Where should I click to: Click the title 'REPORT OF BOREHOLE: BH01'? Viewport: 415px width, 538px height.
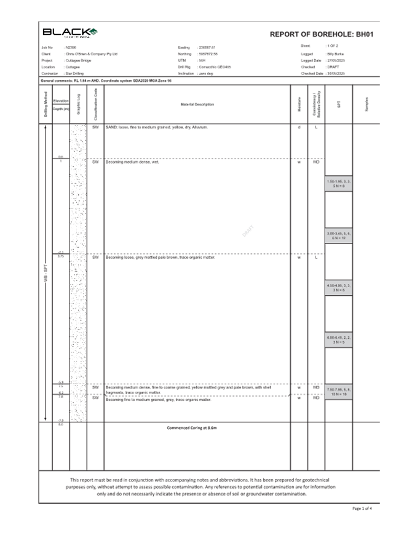click(x=322, y=34)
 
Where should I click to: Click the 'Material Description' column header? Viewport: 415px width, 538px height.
click(x=197, y=105)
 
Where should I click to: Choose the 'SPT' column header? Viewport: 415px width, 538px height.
click(x=339, y=104)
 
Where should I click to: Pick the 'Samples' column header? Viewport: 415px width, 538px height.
click(x=366, y=104)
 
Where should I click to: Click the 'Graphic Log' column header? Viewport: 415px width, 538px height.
click(x=79, y=104)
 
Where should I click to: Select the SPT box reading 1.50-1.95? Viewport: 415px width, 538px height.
click(x=339, y=183)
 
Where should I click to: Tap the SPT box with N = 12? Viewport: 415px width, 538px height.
click(x=339, y=235)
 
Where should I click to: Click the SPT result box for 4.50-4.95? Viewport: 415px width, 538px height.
click(x=339, y=287)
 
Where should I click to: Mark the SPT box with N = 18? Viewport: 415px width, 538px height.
click(x=339, y=391)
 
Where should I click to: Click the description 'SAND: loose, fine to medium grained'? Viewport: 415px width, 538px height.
click(x=157, y=127)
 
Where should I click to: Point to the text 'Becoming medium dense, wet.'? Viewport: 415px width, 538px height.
click(x=133, y=162)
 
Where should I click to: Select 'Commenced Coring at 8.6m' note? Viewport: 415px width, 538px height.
click(x=197, y=427)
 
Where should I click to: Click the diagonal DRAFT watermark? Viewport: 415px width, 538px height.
click(x=248, y=231)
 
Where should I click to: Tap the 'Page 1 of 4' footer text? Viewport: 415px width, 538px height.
click(x=362, y=508)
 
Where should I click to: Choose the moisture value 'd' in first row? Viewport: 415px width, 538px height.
click(x=299, y=127)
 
